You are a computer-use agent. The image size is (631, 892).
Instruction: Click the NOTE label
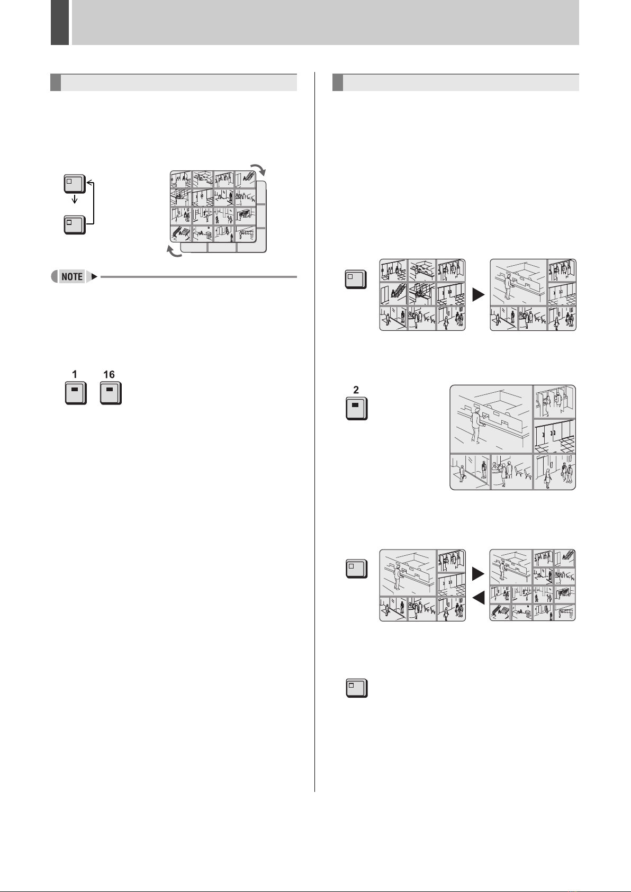point(72,276)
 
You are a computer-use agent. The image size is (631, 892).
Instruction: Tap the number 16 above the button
point(109,374)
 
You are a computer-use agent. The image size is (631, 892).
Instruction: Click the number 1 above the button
point(75,374)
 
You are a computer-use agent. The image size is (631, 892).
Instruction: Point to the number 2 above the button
point(356,390)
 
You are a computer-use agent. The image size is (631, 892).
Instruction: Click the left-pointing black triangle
point(478,598)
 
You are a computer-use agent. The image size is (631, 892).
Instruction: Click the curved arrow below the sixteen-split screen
point(174,254)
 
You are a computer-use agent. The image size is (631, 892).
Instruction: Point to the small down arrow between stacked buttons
point(75,200)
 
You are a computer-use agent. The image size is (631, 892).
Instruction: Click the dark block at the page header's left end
point(60,22)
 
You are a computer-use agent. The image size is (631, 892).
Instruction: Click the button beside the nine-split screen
point(356,279)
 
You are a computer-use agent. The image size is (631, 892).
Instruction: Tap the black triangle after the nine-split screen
point(478,295)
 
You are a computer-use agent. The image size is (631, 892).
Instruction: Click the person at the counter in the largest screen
point(476,426)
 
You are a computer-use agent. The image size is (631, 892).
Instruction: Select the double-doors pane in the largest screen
point(554,436)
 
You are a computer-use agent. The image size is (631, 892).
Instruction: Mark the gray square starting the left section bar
point(55,83)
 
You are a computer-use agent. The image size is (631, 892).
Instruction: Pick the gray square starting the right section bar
point(337,83)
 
